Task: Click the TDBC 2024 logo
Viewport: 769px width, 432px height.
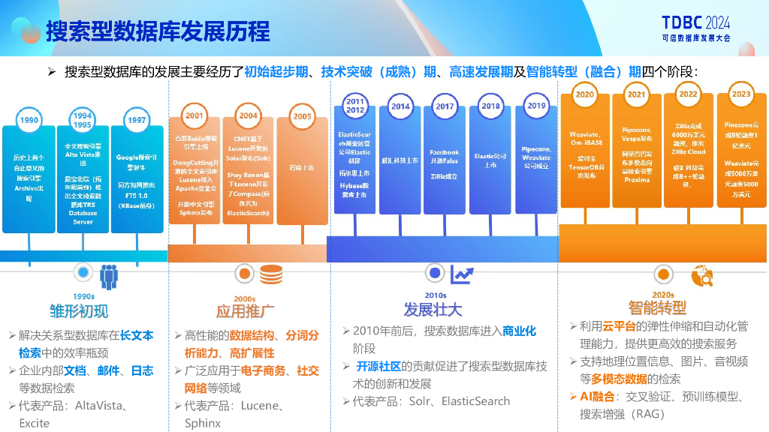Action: point(695,28)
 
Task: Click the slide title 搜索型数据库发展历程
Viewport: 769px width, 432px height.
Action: point(158,31)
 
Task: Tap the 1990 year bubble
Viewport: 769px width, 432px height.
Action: point(29,120)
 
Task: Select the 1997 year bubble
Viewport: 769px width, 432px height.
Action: point(136,120)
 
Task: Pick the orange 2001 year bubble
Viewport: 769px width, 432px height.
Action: point(195,116)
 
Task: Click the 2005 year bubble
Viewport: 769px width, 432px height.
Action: point(302,117)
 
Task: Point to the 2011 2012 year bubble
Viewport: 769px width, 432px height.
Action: point(355,106)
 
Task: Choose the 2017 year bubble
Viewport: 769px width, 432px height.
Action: point(445,106)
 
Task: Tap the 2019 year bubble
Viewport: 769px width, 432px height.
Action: point(536,106)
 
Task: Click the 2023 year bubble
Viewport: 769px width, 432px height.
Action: point(740,94)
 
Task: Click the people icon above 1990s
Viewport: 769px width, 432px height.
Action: point(110,276)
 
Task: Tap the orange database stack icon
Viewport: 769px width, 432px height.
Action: point(271,275)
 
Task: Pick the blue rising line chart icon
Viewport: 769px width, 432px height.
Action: point(462,274)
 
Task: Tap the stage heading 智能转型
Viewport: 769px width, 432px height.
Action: point(657,307)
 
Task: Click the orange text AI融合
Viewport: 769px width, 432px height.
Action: point(597,397)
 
